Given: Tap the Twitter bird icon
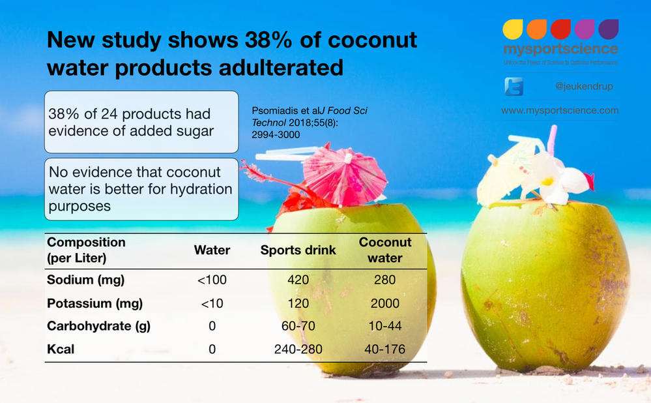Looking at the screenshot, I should (x=514, y=87).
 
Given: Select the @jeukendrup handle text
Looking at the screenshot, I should (x=584, y=86).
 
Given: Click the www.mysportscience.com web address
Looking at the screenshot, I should (x=560, y=111).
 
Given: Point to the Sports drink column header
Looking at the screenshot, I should (x=298, y=250).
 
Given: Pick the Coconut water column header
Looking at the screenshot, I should (x=386, y=250).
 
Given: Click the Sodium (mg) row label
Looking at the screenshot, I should (x=85, y=280).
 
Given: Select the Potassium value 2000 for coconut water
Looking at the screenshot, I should (x=385, y=303).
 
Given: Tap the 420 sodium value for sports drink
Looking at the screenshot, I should (x=298, y=280).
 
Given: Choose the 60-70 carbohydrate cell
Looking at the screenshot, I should (x=298, y=326).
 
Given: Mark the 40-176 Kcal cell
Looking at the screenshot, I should (x=385, y=350).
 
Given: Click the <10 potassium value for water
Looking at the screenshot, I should (x=212, y=303).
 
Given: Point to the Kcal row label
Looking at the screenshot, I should (x=61, y=350).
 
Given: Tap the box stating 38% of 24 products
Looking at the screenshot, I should (x=141, y=122).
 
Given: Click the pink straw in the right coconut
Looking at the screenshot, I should (x=553, y=138).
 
